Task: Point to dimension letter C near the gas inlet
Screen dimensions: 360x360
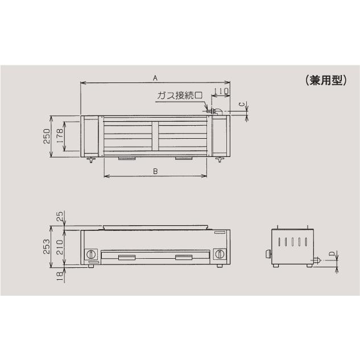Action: (241, 105)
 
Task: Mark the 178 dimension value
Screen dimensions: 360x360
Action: (60, 136)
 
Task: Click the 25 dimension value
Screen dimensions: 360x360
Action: (60, 217)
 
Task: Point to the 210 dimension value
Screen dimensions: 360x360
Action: (60, 246)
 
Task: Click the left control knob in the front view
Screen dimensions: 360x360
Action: (90, 254)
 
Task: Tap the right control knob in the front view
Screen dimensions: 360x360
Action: (219, 254)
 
